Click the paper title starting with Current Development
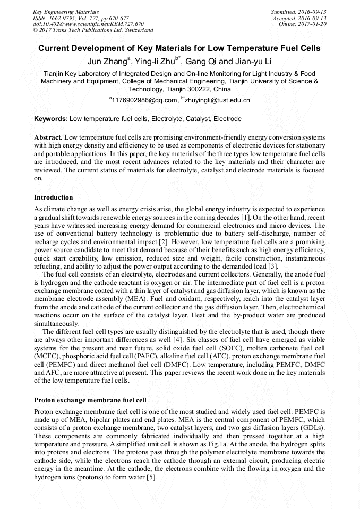point(179,48)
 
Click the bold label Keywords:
point(51,119)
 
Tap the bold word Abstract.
point(48,137)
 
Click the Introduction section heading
point(54,197)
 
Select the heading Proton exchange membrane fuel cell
point(90,400)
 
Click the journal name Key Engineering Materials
point(66,12)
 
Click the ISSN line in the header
point(81,18)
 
